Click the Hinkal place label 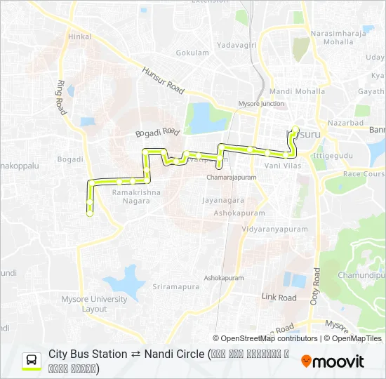[80, 36]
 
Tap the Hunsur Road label [162, 80]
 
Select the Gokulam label [192, 53]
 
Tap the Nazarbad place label [347, 123]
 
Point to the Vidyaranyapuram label [274, 229]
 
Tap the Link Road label [279, 298]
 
